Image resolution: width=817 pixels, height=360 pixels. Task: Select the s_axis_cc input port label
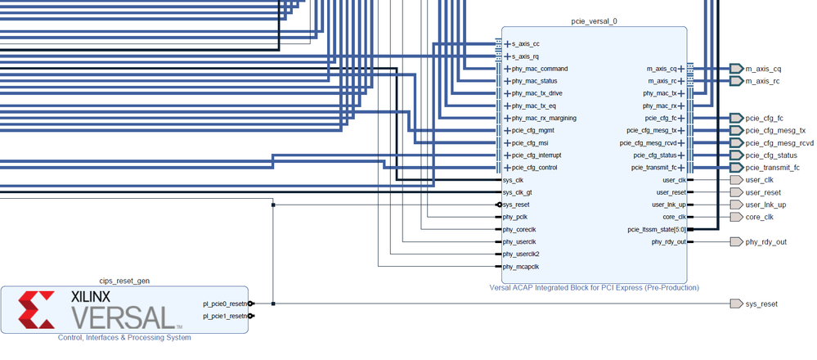click(x=526, y=44)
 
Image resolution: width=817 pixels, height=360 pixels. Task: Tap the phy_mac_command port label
click(x=540, y=69)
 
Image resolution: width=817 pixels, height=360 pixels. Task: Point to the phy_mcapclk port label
click(x=521, y=266)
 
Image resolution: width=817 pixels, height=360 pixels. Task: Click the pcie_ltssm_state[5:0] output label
click(x=651, y=230)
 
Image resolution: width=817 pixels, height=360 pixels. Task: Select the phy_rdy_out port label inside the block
click(x=669, y=242)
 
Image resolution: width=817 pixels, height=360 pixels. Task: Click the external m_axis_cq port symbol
click(x=734, y=69)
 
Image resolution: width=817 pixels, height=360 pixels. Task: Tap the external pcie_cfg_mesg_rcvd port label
click(x=779, y=143)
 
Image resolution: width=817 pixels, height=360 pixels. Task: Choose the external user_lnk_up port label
click(x=765, y=205)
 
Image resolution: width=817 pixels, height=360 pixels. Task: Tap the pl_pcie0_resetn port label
click(x=225, y=304)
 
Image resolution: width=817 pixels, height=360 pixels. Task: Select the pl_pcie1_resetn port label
click(x=225, y=316)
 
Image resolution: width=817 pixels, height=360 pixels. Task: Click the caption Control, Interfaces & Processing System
click(x=123, y=337)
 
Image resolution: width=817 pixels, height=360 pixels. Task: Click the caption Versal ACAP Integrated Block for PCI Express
click(x=593, y=287)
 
